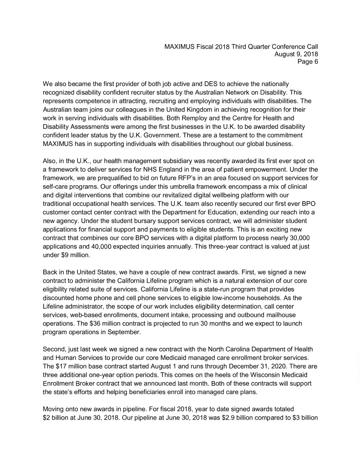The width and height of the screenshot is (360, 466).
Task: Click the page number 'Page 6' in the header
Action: (x=308, y=61)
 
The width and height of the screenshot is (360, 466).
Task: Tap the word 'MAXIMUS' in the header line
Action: (x=182, y=46)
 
